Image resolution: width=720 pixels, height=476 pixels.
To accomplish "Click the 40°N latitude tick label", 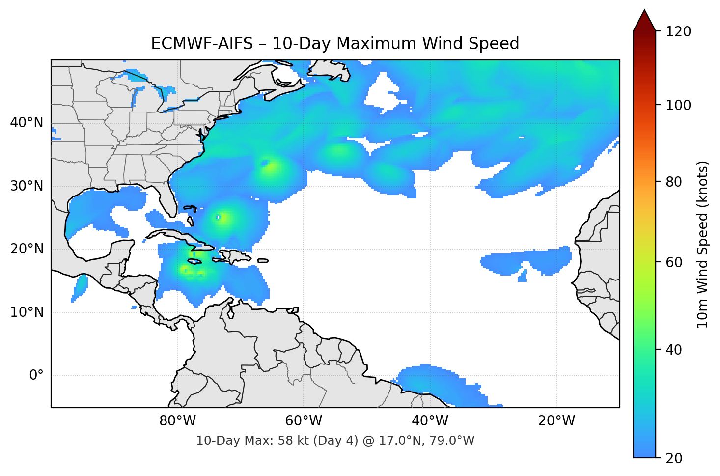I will click(x=27, y=123).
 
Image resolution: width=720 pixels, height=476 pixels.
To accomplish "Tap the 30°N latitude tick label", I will click(x=27, y=186).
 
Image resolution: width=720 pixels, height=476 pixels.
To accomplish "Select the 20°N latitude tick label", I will click(x=27, y=249).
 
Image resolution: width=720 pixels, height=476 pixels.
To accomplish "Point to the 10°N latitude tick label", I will click(x=27, y=312).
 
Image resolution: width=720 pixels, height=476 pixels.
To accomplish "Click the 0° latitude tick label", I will click(x=36, y=376).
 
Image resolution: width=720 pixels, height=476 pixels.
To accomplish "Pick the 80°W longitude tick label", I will click(x=177, y=421).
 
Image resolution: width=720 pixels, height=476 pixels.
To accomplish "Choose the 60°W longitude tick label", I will click(x=304, y=421).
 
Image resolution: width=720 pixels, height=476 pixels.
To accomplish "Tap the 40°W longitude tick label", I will click(x=430, y=421).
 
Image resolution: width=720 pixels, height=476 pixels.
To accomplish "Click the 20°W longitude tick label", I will click(x=556, y=421).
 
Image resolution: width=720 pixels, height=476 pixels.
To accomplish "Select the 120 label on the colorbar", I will click(x=678, y=31).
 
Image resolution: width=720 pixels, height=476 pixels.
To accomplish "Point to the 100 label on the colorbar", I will click(x=678, y=105).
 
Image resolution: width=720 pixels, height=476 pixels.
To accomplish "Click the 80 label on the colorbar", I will click(x=674, y=182).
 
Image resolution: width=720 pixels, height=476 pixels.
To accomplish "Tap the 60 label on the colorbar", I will click(x=674, y=262).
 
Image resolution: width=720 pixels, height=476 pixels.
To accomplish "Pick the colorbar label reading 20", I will click(x=674, y=458).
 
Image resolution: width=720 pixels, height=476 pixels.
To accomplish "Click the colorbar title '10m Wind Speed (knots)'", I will click(x=703, y=244).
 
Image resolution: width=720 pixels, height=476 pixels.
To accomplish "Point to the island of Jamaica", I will click(x=195, y=262).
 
